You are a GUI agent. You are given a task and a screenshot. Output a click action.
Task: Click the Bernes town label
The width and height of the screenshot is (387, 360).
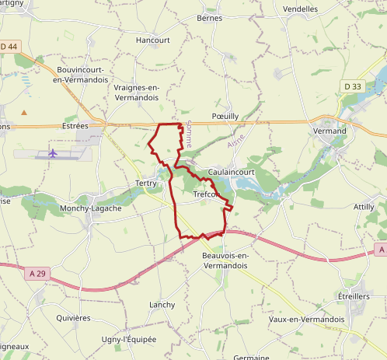coord(209,18)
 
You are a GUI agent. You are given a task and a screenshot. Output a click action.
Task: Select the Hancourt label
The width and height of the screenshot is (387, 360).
coord(152,40)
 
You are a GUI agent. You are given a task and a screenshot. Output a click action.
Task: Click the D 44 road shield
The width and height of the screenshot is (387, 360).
coord(9,47)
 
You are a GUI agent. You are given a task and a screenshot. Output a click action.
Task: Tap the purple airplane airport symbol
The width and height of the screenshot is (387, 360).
coord(53,152)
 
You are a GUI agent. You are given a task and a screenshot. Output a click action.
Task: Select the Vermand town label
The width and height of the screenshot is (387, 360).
coord(330,131)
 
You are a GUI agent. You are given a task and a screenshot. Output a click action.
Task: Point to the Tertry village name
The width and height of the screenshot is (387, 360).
coord(146,183)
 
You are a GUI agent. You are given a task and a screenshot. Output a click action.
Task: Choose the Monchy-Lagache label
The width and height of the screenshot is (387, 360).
coord(91,209)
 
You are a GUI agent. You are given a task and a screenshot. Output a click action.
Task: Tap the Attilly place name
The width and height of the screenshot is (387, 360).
coord(364,207)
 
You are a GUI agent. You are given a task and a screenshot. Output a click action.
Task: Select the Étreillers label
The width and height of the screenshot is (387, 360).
coord(354,296)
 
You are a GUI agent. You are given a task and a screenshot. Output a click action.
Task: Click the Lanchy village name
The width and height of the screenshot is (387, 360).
coord(162,305)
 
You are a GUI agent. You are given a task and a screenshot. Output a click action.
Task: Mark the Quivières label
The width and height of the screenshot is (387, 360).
coord(74,318)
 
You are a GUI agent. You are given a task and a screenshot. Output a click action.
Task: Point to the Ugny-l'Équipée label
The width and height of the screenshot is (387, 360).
coord(129,340)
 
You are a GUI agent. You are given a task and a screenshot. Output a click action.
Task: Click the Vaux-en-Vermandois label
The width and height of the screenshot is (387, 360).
coord(305,319)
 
